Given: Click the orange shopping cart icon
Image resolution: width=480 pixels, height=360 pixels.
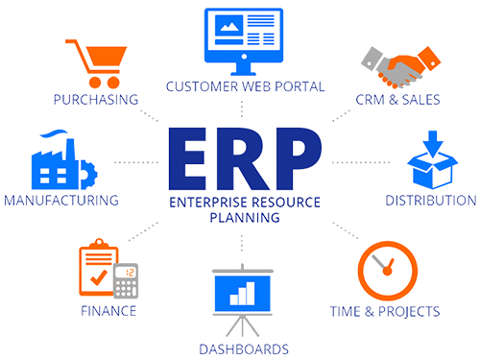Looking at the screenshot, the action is point(96,63).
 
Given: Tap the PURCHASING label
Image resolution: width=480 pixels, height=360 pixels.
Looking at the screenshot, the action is point(96,100).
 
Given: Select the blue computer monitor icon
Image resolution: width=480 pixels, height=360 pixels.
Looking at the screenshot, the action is point(244,41).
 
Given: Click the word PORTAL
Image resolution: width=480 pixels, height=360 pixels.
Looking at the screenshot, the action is point(300,86).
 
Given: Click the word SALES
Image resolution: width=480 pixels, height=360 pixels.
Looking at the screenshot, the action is point(421,100).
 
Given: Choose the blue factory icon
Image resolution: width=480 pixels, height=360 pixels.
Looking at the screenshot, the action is point(64,159).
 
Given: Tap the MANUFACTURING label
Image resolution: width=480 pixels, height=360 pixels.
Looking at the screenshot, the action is point(61,201).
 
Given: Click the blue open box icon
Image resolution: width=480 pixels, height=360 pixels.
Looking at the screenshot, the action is point(433,159).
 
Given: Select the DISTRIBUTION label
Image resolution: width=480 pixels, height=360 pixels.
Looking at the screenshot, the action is point(431,201).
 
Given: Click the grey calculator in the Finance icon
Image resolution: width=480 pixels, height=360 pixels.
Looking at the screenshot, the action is point(126,280).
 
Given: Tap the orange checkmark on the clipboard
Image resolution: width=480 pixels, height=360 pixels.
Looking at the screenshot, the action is point(99,277).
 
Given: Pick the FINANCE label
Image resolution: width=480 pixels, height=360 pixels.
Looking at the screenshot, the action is point(108,311).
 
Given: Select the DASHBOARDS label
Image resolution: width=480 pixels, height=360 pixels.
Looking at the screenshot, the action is point(244,349).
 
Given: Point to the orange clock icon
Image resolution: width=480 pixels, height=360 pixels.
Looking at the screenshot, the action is point(388,271).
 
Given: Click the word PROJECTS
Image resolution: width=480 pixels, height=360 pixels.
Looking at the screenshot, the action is point(409,312).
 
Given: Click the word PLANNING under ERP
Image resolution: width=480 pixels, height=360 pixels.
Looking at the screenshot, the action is point(245,218).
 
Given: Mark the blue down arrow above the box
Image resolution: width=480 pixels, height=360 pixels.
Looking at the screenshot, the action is point(433,144).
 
